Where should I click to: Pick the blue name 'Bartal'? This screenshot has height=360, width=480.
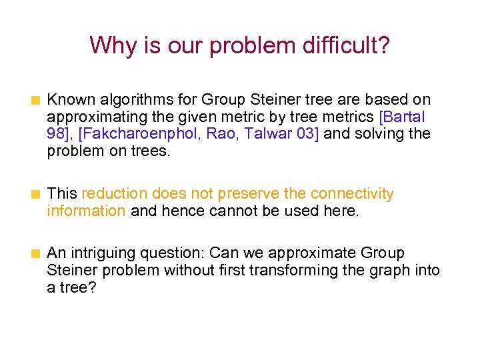[x=405, y=117]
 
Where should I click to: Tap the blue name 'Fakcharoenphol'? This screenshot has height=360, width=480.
[x=141, y=133]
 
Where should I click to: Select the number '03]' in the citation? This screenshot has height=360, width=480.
[x=307, y=133]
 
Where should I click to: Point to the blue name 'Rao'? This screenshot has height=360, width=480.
[x=221, y=133]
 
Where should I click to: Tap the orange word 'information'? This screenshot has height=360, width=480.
[x=86, y=211]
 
